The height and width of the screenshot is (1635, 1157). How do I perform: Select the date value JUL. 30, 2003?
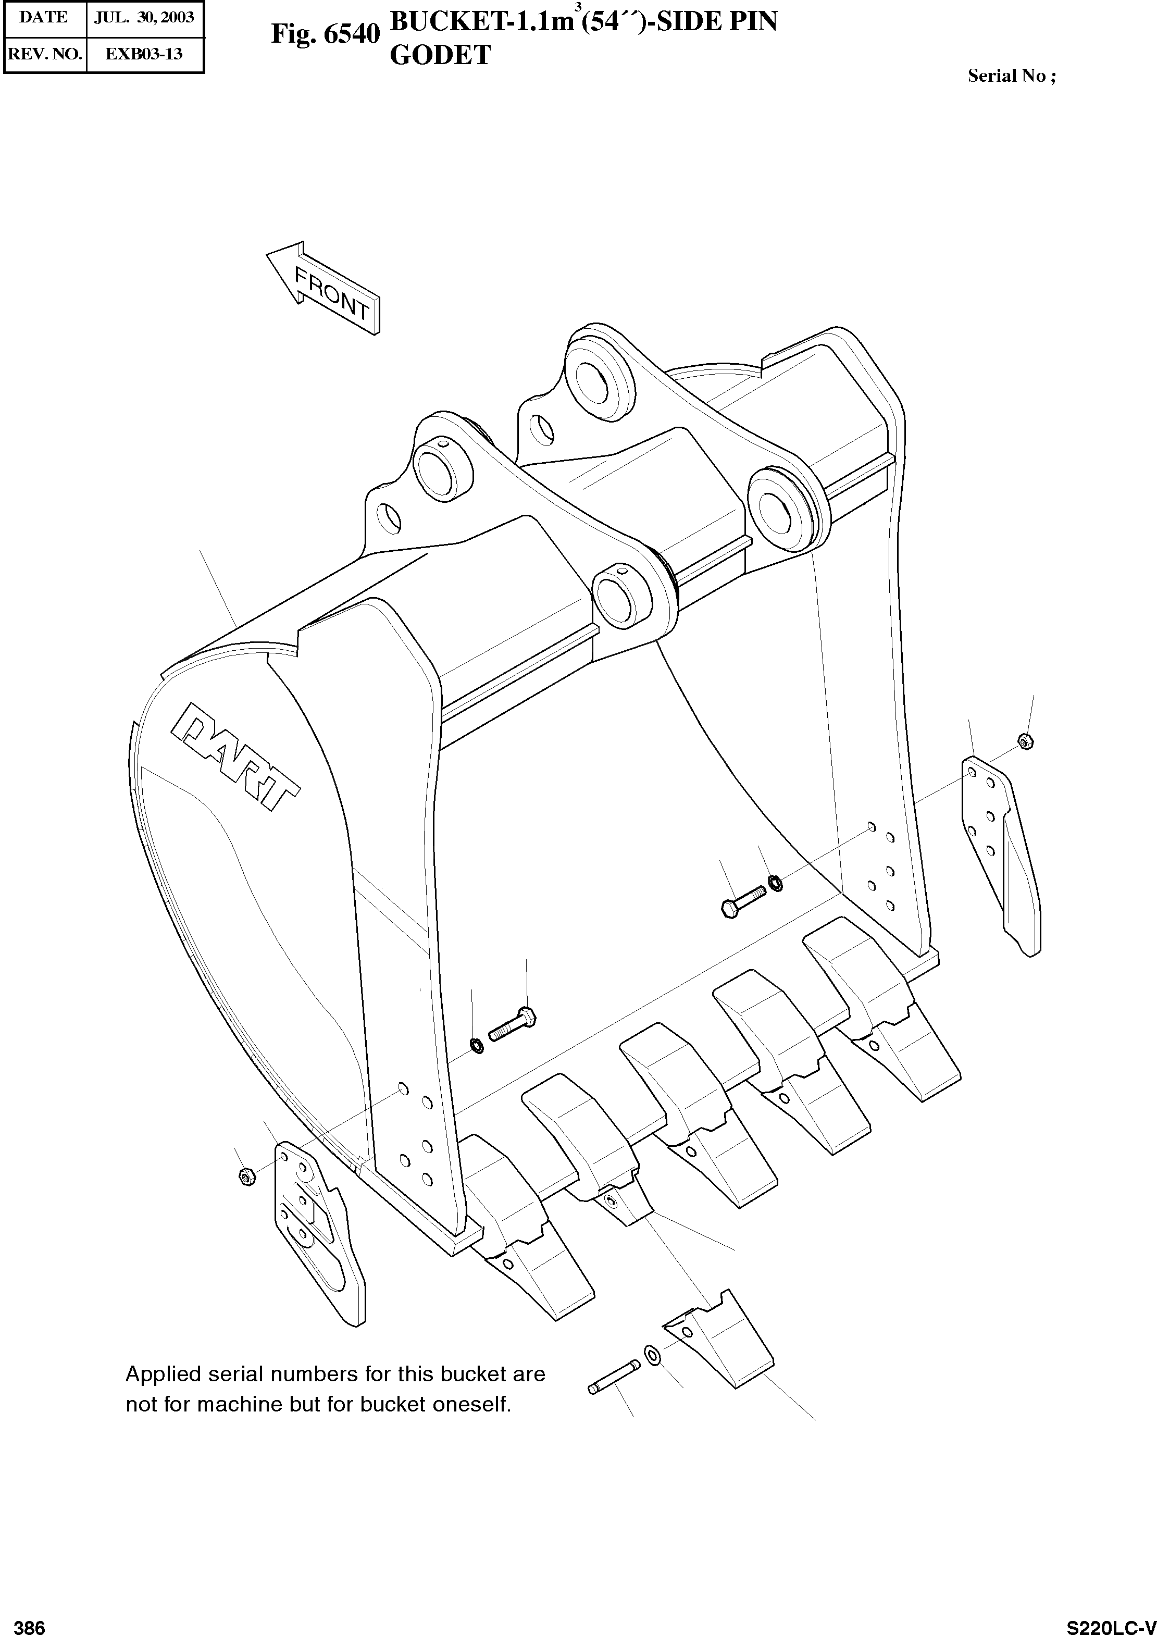(x=145, y=18)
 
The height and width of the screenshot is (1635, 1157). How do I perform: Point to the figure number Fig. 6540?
(x=325, y=34)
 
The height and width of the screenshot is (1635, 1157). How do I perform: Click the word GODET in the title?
(x=440, y=56)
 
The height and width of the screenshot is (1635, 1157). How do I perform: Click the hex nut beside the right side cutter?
(x=1025, y=741)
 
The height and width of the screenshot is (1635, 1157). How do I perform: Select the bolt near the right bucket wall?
(x=742, y=900)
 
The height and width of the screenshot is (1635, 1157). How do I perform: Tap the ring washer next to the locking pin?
(x=651, y=1354)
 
